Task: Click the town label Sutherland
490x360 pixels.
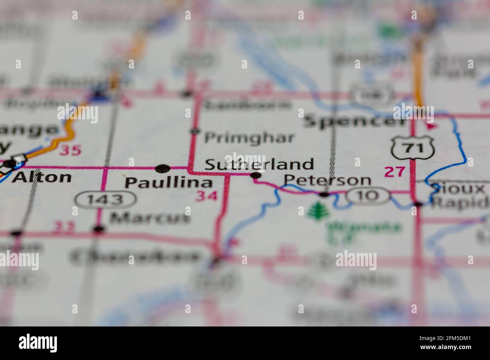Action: pyautogui.click(x=259, y=165)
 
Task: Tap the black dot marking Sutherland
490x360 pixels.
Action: pyautogui.click(x=256, y=175)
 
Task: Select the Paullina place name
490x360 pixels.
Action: pyautogui.click(x=168, y=183)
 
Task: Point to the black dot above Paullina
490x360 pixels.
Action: pyautogui.click(x=162, y=168)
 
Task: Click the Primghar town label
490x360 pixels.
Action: pyautogui.click(x=249, y=138)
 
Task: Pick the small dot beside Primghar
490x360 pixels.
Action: pyautogui.click(x=195, y=131)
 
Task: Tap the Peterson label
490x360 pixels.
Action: pyautogui.click(x=327, y=180)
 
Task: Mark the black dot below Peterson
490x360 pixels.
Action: pyautogui.click(x=324, y=194)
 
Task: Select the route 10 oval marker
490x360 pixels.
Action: pyautogui.click(x=367, y=195)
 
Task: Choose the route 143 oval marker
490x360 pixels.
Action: pyautogui.click(x=105, y=199)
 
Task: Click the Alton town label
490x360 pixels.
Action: pyautogui.click(x=41, y=177)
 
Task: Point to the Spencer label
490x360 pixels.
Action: pyautogui.click(x=355, y=122)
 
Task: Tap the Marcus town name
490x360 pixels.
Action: pyautogui.click(x=150, y=217)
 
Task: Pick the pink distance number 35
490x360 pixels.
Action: pyautogui.click(x=71, y=150)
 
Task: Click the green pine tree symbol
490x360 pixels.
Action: pyautogui.click(x=318, y=211)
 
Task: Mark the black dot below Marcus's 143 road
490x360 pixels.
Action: pyautogui.click(x=99, y=229)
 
